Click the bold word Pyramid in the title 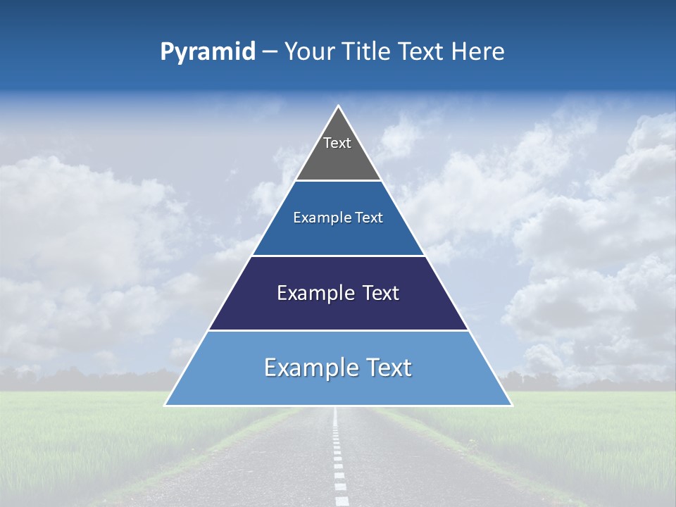208,52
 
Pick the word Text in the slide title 422,51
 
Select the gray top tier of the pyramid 338,158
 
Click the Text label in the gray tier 337,143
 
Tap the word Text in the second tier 369,218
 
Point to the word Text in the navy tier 381,293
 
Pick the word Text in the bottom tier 389,368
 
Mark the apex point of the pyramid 338,106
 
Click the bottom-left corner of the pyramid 165,405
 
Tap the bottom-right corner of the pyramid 511,405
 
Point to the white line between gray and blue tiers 338,180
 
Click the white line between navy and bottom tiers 338,330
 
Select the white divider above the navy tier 338,256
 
